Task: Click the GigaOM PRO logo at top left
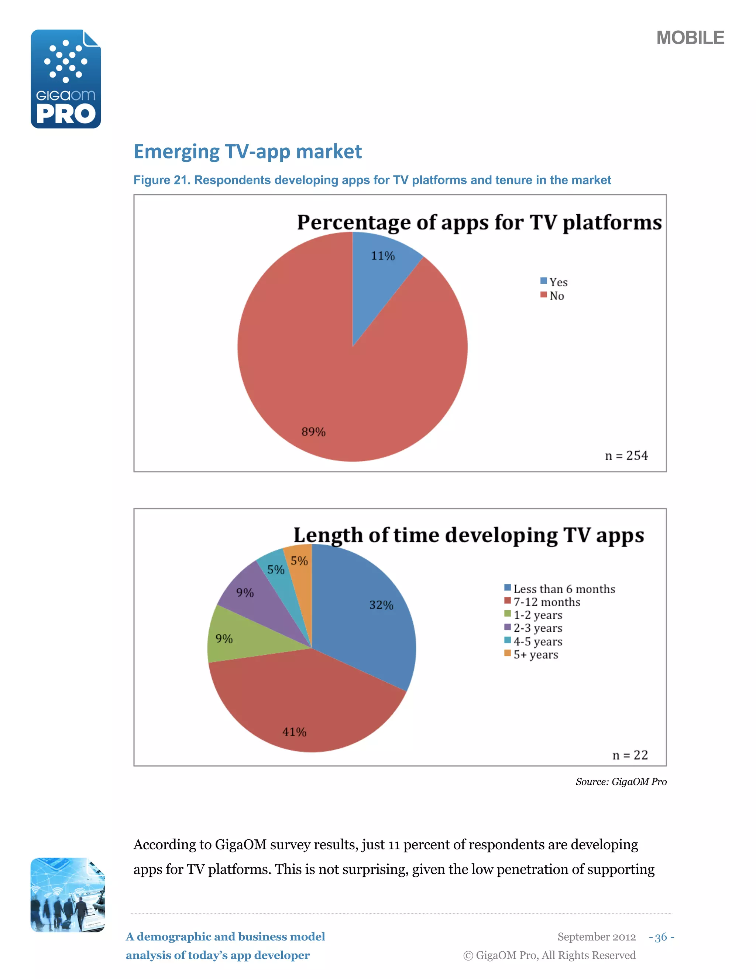(x=66, y=79)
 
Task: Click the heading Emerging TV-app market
(x=247, y=151)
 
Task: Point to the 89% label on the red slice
(x=313, y=431)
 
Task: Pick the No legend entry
(x=552, y=296)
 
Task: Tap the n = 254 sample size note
(x=626, y=456)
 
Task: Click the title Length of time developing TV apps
(x=468, y=535)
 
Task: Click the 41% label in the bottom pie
(x=294, y=732)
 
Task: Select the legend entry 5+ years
(x=532, y=655)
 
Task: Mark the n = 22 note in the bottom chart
(x=630, y=755)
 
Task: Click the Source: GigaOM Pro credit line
(x=621, y=782)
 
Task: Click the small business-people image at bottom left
(x=67, y=895)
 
